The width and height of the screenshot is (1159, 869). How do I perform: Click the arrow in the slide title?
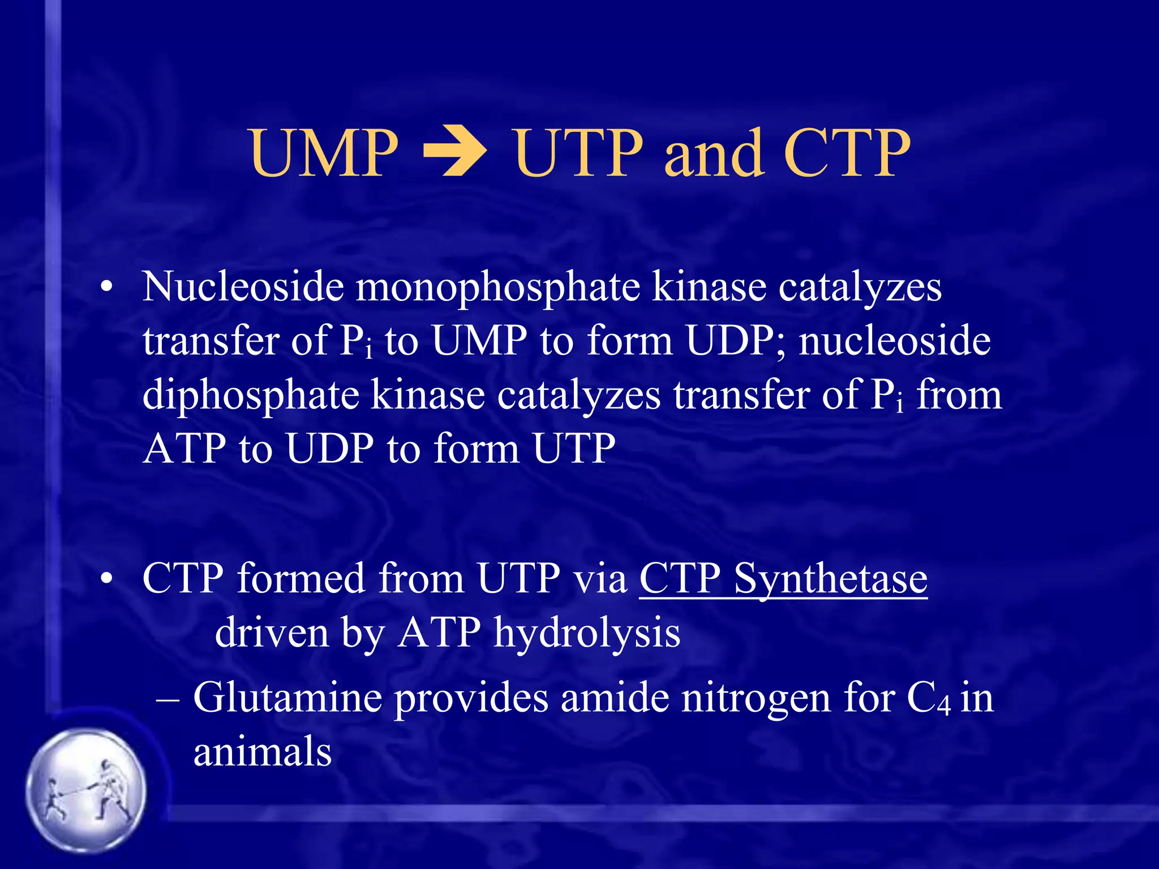pos(456,154)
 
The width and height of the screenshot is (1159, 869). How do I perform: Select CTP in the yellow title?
pos(847,154)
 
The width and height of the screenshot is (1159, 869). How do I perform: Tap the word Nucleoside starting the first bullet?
pos(243,287)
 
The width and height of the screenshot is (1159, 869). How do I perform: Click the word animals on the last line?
pos(263,753)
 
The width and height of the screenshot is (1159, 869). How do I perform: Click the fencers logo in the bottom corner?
pos(86,790)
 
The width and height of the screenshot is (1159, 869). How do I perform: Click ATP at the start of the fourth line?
pos(184,449)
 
